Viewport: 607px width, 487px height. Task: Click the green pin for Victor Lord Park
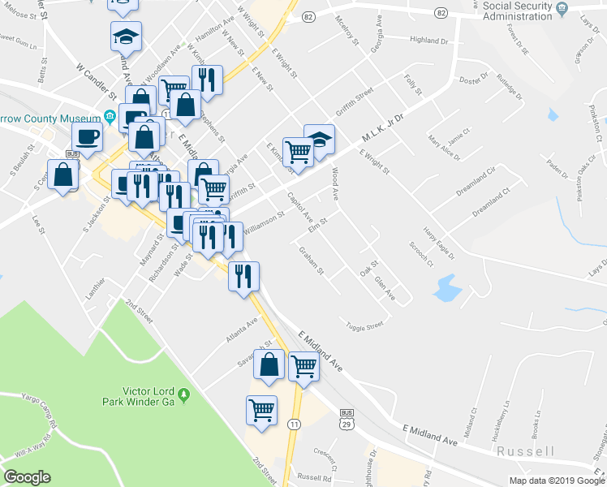(184, 395)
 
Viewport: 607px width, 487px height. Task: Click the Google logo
(27, 476)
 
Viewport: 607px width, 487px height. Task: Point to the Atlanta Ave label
(242, 327)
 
